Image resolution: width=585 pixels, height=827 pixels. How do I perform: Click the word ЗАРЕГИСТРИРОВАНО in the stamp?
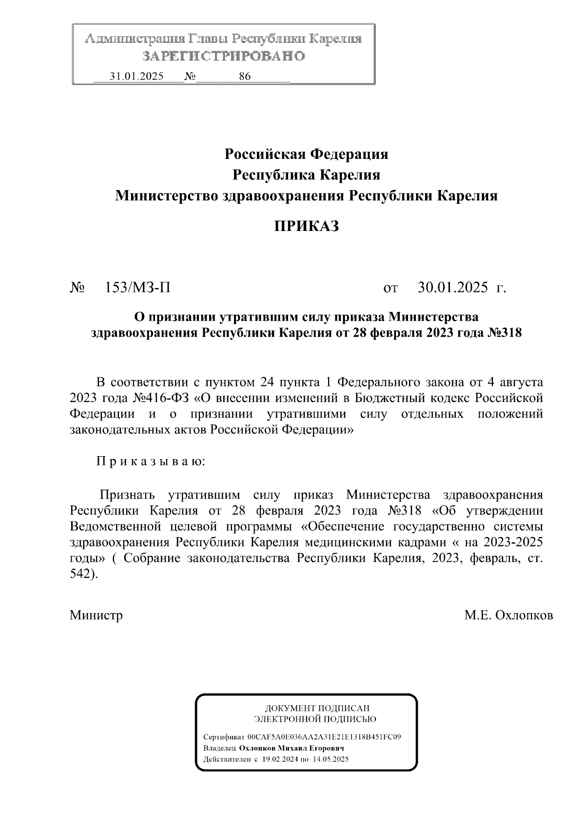tap(224, 56)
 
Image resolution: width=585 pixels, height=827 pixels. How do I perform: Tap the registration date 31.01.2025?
tap(137, 77)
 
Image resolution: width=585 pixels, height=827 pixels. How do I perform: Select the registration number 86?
tap(245, 77)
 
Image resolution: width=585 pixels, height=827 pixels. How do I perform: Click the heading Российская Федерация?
tap(306, 154)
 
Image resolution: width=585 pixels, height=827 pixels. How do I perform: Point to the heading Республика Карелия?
tap(306, 174)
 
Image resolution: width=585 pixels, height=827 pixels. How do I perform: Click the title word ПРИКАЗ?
tap(306, 226)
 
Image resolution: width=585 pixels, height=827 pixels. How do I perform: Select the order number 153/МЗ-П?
tap(138, 288)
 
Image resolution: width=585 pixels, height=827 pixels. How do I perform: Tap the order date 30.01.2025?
tap(453, 288)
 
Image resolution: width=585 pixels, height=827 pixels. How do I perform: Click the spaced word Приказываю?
tap(151, 461)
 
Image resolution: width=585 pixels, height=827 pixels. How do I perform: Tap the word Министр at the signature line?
tap(96, 615)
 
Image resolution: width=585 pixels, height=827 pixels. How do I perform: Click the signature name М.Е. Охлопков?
tap(508, 615)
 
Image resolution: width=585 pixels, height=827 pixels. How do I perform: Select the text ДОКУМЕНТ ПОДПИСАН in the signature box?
tap(316, 708)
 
